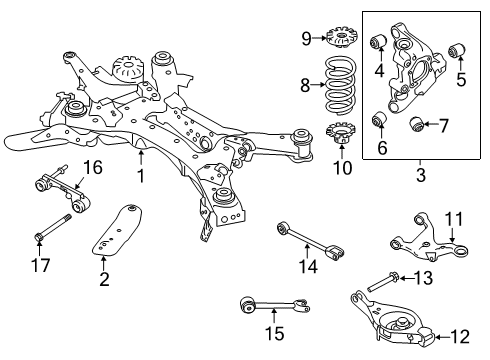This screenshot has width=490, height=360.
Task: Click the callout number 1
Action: [141, 178]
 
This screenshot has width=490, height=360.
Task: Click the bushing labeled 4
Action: [378, 44]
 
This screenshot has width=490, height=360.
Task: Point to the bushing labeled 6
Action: [380, 122]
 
